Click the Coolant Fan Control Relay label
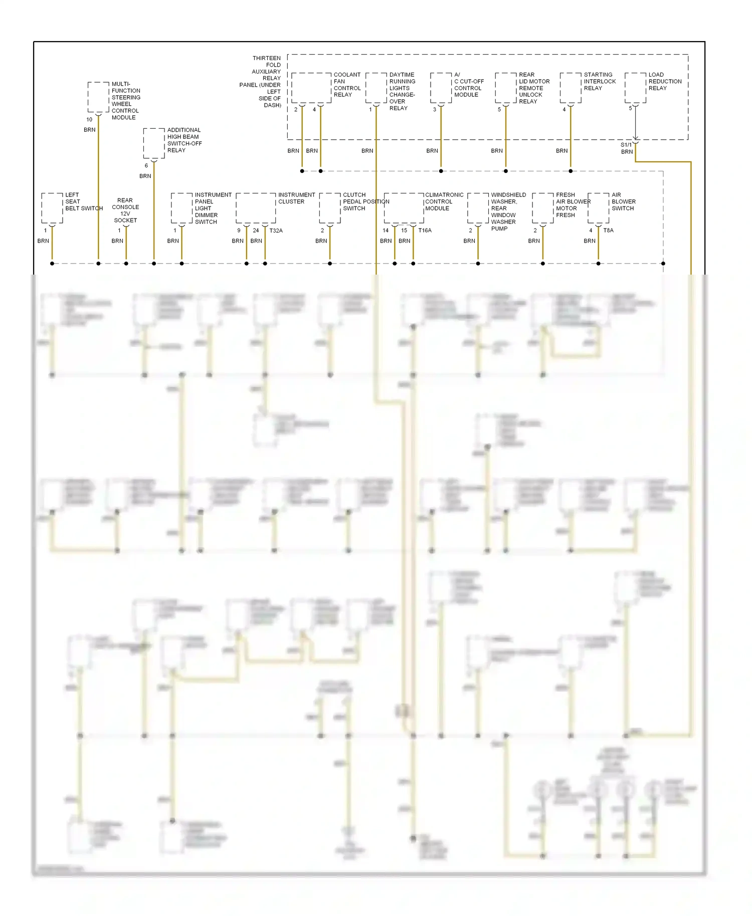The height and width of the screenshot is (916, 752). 347,85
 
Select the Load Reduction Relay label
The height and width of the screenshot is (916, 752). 665,81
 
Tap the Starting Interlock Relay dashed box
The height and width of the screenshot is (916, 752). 571,88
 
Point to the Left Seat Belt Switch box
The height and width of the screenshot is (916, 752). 52,208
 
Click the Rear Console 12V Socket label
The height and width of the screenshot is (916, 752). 125,210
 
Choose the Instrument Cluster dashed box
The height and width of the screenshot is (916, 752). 256,208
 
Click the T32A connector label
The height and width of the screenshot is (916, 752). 276,231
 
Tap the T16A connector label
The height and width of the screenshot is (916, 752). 425,231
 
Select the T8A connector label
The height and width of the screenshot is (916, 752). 608,231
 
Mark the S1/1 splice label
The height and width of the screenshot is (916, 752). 626,145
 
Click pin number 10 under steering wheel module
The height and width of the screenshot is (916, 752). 89,119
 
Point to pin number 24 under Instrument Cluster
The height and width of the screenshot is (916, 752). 256,231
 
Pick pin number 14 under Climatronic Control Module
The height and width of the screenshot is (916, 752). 386,231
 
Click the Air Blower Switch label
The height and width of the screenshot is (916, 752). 623,201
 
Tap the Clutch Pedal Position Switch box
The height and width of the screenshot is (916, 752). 330,208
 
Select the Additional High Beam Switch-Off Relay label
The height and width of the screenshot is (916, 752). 184,140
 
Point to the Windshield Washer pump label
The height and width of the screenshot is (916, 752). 508,211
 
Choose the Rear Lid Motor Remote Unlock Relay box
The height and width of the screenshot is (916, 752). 505,88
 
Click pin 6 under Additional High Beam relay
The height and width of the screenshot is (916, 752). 146,165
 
